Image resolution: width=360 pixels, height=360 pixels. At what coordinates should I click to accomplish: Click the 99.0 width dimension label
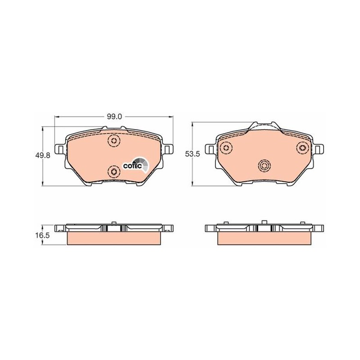tap(114, 117)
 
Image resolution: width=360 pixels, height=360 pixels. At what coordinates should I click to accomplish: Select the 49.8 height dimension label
tap(42, 155)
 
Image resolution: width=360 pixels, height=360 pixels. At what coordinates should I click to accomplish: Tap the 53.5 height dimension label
tap(193, 154)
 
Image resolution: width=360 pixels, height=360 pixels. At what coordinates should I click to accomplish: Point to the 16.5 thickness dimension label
tap(42, 235)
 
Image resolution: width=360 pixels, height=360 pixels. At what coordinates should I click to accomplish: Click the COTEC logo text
tap(132, 166)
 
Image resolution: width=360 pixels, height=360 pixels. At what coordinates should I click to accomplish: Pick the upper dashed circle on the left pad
tap(114, 140)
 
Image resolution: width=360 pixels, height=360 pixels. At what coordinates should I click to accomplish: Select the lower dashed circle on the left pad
tap(114, 171)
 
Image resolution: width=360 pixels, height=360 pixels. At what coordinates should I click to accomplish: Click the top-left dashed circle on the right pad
tap(226, 148)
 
